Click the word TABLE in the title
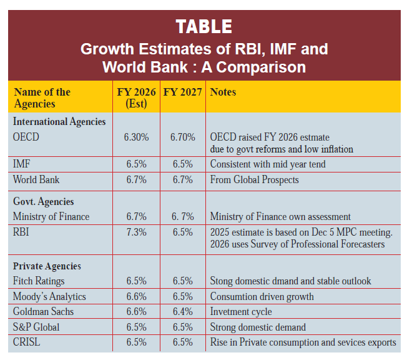point(204,26)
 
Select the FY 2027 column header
point(182,92)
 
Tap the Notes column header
point(223,92)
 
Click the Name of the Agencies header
point(42,97)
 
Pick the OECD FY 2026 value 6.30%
point(136,137)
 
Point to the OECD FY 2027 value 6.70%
point(182,137)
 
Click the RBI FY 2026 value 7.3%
point(136,232)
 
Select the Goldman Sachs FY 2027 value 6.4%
point(182,312)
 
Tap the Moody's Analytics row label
point(49,296)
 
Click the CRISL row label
point(28,342)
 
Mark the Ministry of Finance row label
point(51,217)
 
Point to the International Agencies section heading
point(59,121)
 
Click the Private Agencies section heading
point(47,266)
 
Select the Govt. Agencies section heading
point(43,202)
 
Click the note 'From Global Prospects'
point(254,180)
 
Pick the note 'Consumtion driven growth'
point(262,296)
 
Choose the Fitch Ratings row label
point(39,281)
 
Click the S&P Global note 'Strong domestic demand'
point(258,327)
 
